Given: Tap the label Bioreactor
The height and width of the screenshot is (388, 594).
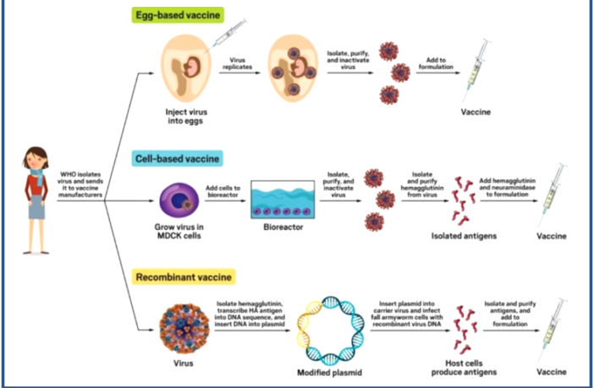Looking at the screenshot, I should (x=282, y=228).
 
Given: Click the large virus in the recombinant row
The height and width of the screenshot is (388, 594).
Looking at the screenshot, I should (x=184, y=330).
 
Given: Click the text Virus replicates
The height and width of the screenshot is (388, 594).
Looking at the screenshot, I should (x=239, y=63).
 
